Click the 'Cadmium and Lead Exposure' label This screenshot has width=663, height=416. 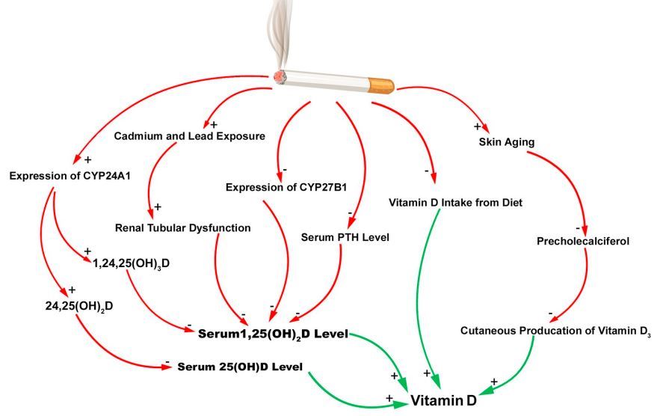(x=189, y=136)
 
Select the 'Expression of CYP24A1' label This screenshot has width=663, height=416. (x=70, y=176)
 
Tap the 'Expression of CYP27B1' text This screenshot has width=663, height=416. (x=286, y=187)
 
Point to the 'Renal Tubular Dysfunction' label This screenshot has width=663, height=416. (x=182, y=228)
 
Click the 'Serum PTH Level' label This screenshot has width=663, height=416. (x=345, y=237)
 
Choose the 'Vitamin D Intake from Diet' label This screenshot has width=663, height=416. (x=455, y=203)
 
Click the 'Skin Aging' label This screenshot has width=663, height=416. (x=507, y=142)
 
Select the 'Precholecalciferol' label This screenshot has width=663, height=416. (x=583, y=241)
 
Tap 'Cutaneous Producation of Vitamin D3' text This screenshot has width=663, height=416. (x=555, y=331)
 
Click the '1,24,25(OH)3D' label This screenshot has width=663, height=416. (x=131, y=263)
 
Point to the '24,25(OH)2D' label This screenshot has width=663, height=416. (x=79, y=306)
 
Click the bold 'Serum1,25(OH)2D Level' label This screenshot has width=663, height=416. (x=273, y=334)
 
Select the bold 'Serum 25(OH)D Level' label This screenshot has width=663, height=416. (x=240, y=367)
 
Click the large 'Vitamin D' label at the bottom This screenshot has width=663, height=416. (x=443, y=400)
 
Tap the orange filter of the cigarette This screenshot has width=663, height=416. (x=381, y=85)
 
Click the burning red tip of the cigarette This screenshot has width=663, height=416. (x=280, y=76)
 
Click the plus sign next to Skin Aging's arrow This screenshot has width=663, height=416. (x=478, y=126)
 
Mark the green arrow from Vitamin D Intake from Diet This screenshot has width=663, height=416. (x=421, y=296)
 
